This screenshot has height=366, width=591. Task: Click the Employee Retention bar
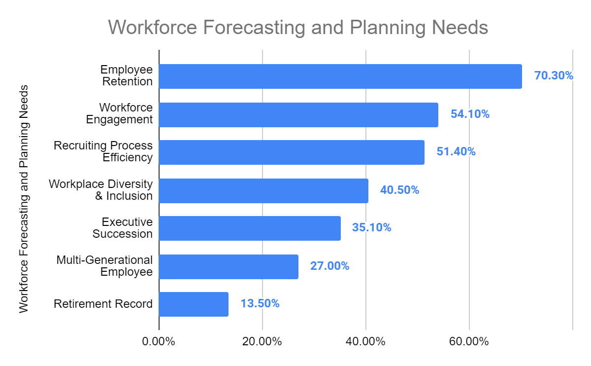tap(340, 76)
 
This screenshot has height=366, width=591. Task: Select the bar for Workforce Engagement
tap(298, 114)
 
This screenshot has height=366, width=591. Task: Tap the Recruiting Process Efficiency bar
tap(292, 152)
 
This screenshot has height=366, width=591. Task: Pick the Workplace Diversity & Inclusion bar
tap(263, 190)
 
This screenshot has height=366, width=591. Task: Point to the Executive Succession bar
tap(250, 228)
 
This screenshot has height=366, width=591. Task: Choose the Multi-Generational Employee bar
tap(229, 266)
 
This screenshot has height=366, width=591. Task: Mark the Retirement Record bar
tap(194, 304)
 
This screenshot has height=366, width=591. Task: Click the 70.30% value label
tap(554, 76)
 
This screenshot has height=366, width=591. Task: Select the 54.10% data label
tap(470, 114)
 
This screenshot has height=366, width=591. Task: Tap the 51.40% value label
tap(456, 152)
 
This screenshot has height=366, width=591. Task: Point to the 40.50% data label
tap(399, 190)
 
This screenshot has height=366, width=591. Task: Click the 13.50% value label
tap(260, 304)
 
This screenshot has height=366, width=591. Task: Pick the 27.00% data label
tap(329, 266)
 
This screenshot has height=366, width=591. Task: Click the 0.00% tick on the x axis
tap(159, 342)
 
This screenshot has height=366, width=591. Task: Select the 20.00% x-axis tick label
tap(263, 342)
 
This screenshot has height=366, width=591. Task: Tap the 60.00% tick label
tap(469, 342)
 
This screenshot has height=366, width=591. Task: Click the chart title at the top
tap(298, 28)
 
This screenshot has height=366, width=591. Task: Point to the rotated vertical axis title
tap(24, 198)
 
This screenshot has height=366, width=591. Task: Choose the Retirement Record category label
tap(103, 304)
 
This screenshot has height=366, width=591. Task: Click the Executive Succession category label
tap(123, 228)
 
